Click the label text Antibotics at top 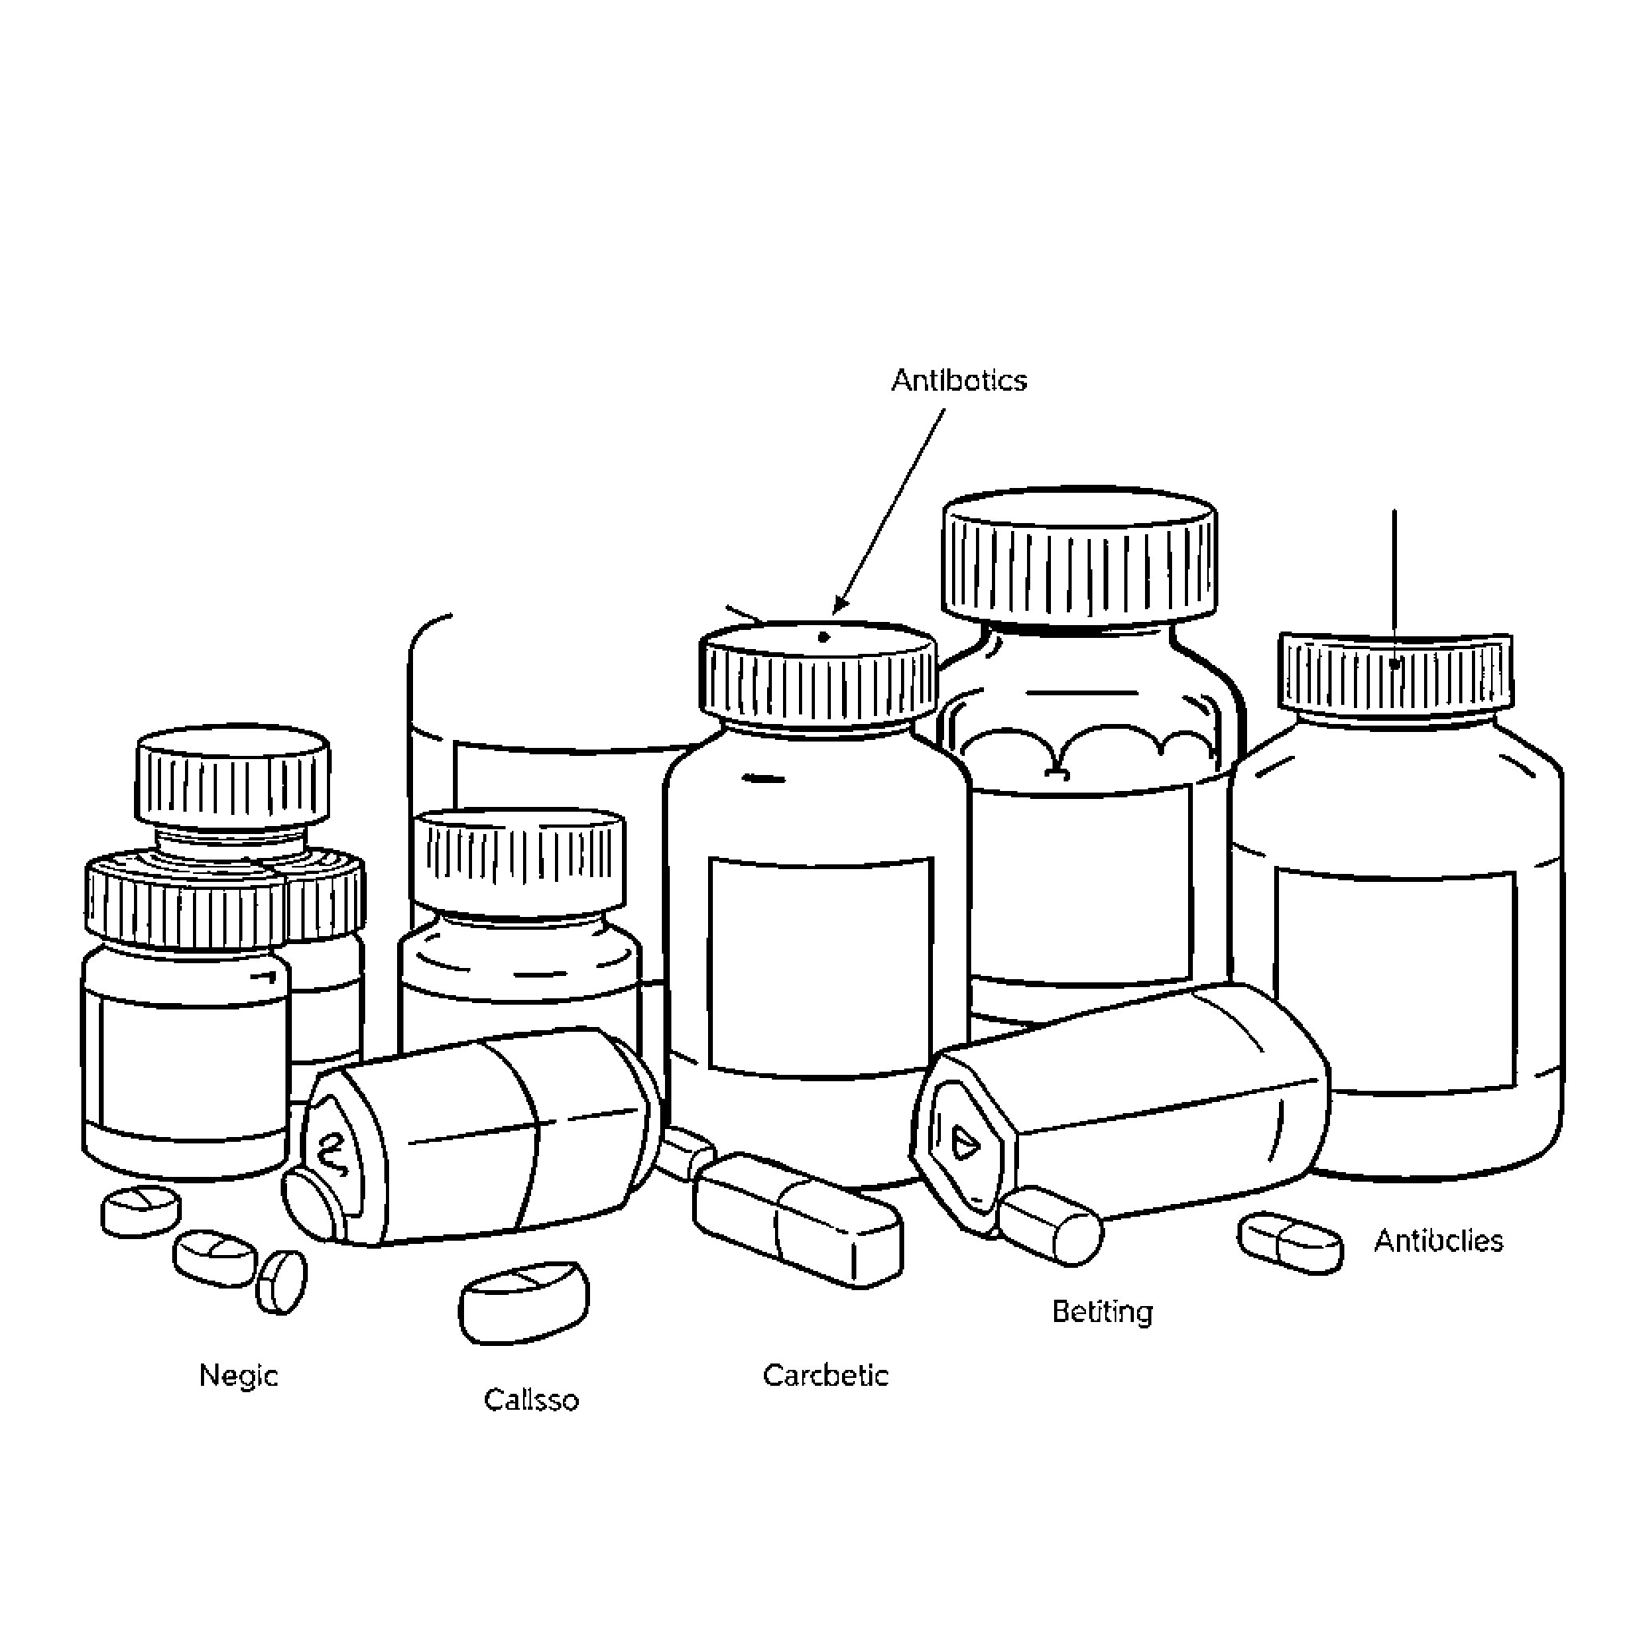[x=958, y=380]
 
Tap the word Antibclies [x=1438, y=1241]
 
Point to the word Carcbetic [x=825, y=1375]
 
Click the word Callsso [x=531, y=1399]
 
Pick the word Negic [x=238, y=1375]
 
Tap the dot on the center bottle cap [x=824, y=637]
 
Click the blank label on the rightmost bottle [x=1395, y=981]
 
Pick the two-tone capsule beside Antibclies [x=1290, y=1242]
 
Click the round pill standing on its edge [x=281, y=1282]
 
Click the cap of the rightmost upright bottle [x=1395, y=672]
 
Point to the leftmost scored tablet [x=140, y=1211]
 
